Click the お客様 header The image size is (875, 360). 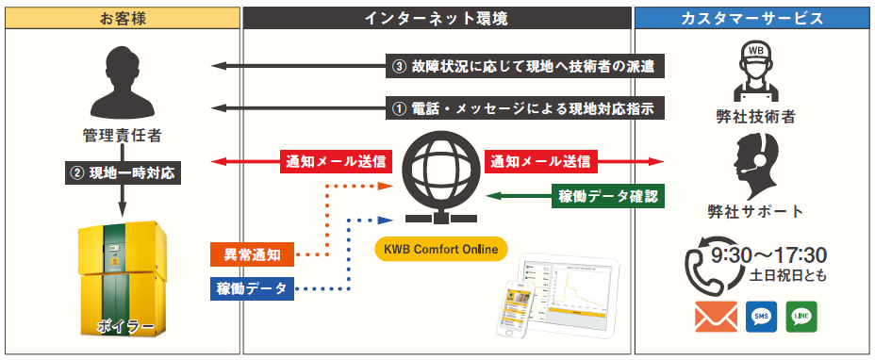(x=123, y=18)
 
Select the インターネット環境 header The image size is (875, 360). (x=437, y=18)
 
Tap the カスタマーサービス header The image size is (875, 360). (x=751, y=18)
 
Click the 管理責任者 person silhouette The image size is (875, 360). (x=123, y=84)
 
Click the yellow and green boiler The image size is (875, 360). (x=123, y=279)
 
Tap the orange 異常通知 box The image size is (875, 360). (x=253, y=255)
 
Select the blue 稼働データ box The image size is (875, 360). (x=253, y=288)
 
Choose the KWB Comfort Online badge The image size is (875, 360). (x=437, y=249)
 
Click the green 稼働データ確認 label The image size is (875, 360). (x=608, y=196)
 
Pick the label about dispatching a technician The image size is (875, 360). (x=525, y=66)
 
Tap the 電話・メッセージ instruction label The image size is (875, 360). (x=525, y=107)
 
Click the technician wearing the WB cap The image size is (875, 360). (x=755, y=72)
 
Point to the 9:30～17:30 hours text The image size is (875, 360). (x=768, y=255)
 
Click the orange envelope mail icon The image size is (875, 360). (x=716, y=317)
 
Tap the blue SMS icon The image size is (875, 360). (x=761, y=317)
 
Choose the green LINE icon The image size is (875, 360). (x=801, y=317)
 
